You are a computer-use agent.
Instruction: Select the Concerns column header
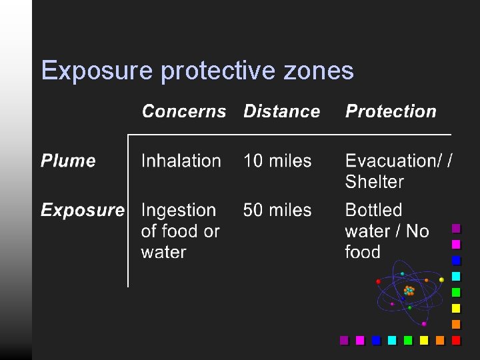click(x=184, y=111)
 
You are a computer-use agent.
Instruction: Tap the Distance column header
click(x=281, y=111)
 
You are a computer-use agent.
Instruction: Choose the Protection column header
click(x=391, y=111)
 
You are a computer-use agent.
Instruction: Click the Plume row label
click(x=68, y=161)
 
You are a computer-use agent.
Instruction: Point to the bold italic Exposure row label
click(x=82, y=210)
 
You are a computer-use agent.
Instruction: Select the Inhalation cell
click(x=181, y=161)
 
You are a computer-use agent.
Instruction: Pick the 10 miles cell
click(x=277, y=161)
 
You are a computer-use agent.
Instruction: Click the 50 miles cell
click(x=277, y=210)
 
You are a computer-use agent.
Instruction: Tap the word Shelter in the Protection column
click(x=374, y=181)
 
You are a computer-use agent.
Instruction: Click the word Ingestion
click(x=179, y=210)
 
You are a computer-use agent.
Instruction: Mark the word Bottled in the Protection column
click(x=373, y=210)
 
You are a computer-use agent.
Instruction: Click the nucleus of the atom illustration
click(x=409, y=291)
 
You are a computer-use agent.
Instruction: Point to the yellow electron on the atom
click(x=441, y=280)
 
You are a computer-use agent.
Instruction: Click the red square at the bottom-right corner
click(x=456, y=340)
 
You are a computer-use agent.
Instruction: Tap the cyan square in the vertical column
click(x=456, y=276)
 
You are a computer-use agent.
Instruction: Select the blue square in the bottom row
click(x=376, y=340)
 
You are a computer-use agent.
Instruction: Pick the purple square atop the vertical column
click(x=456, y=228)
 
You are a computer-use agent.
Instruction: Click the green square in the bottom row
click(x=408, y=340)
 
